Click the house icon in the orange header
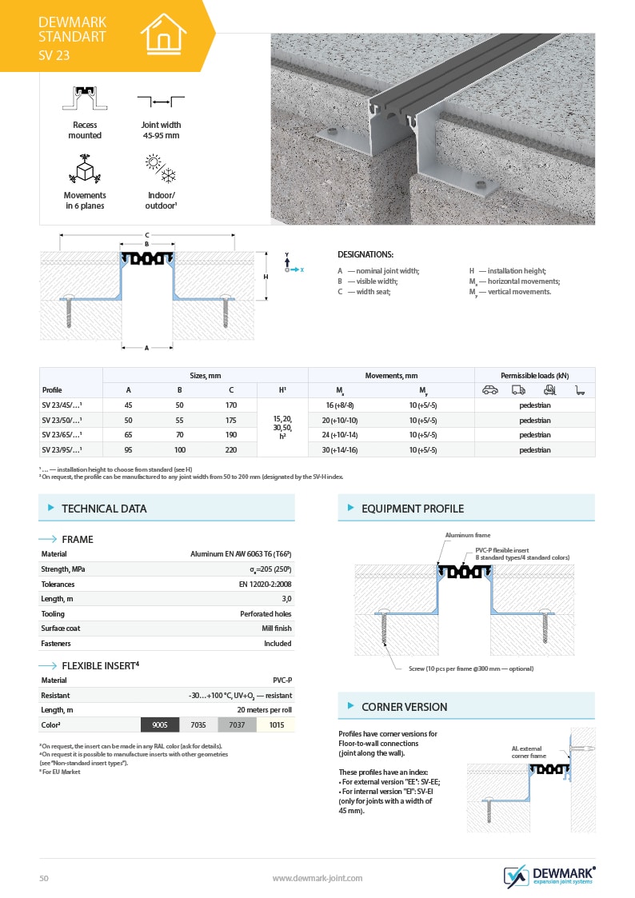pyautogui.click(x=163, y=34)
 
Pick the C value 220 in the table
pyautogui.click(x=231, y=449)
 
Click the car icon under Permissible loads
pyautogui.click(x=490, y=390)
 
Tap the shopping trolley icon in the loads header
pyautogui.click(x=579, y=390)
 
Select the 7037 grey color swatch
pyautogui.click(x=237, y=725)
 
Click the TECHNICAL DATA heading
pyautogui.click(x=104, y=509)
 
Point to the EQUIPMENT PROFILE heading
pyautogui.click(x=412, y=509)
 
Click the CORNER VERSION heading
pyautogui.click(x=404, y=707)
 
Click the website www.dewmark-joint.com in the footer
pyautogui.click(x=317, y=878)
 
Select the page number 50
pyautogui.click(x=44, y=878)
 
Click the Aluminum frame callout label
pyautogui.click(x=468, y=535)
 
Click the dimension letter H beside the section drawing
pyautogui.click(x=266, y=276)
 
